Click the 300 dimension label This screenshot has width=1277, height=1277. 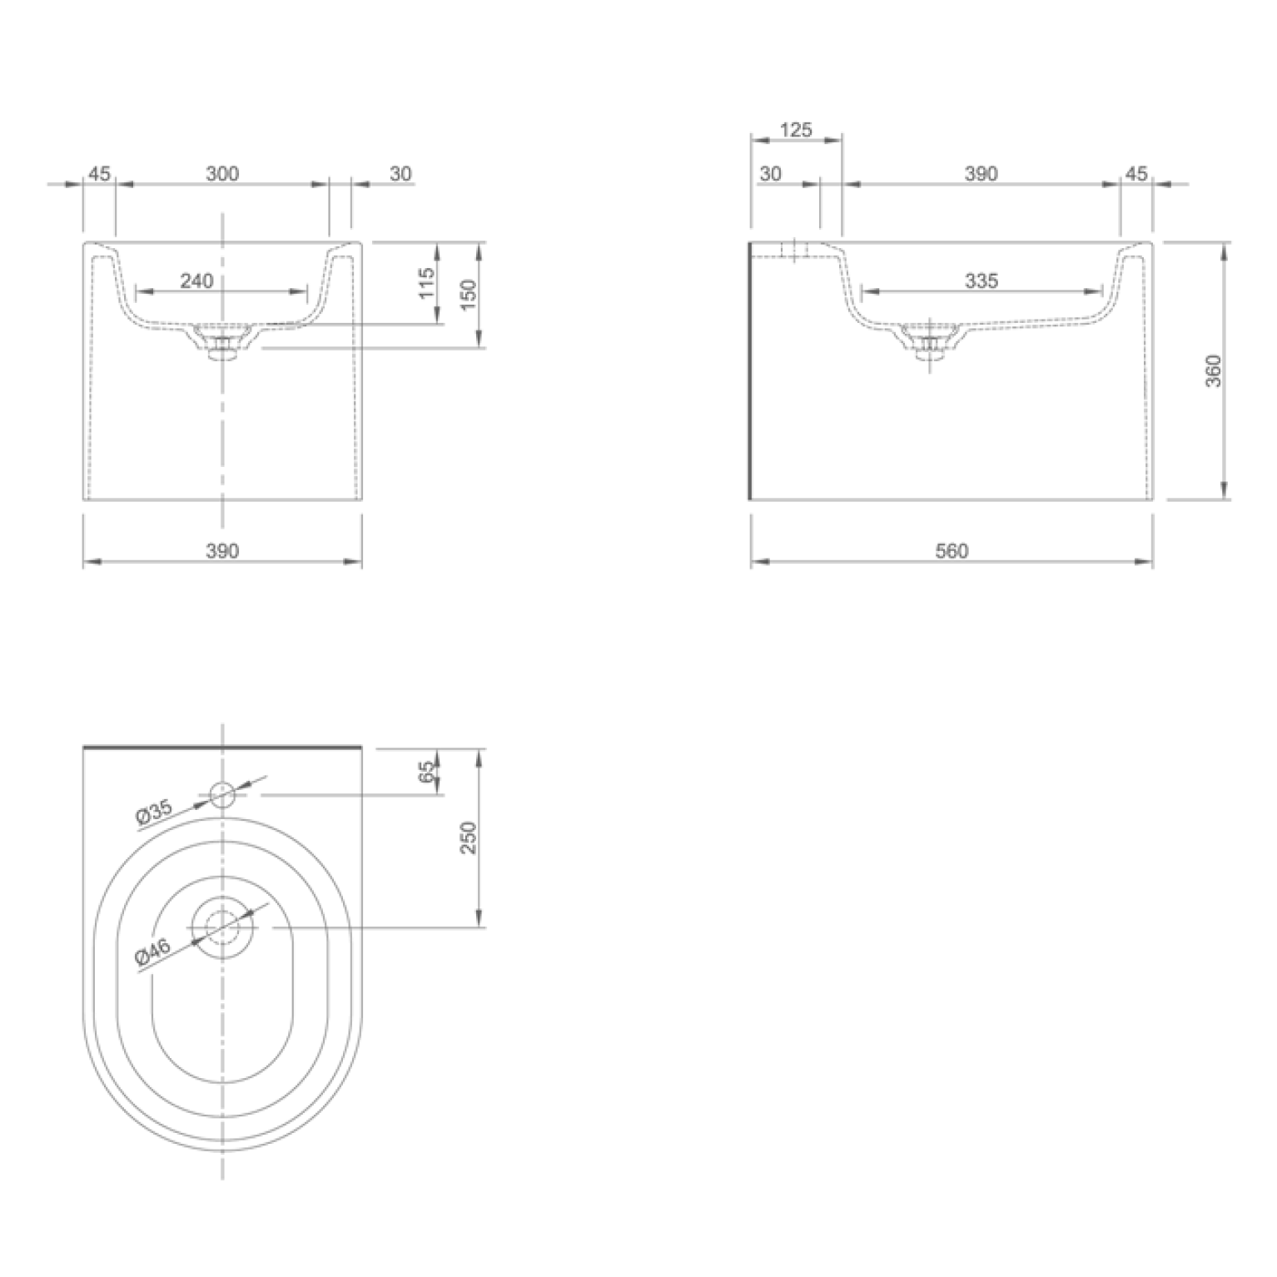(222, 173)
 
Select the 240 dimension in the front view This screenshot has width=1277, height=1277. (196, 281)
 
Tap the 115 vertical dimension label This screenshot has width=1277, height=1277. (427, 284)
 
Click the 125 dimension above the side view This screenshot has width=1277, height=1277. (796, 130)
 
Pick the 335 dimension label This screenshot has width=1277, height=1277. (981, 281)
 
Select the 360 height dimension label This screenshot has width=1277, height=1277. (1213, 370)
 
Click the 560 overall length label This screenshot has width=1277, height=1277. (952, 550)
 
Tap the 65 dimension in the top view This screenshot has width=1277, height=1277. (427, 772)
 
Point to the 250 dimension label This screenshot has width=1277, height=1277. (469, 837)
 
